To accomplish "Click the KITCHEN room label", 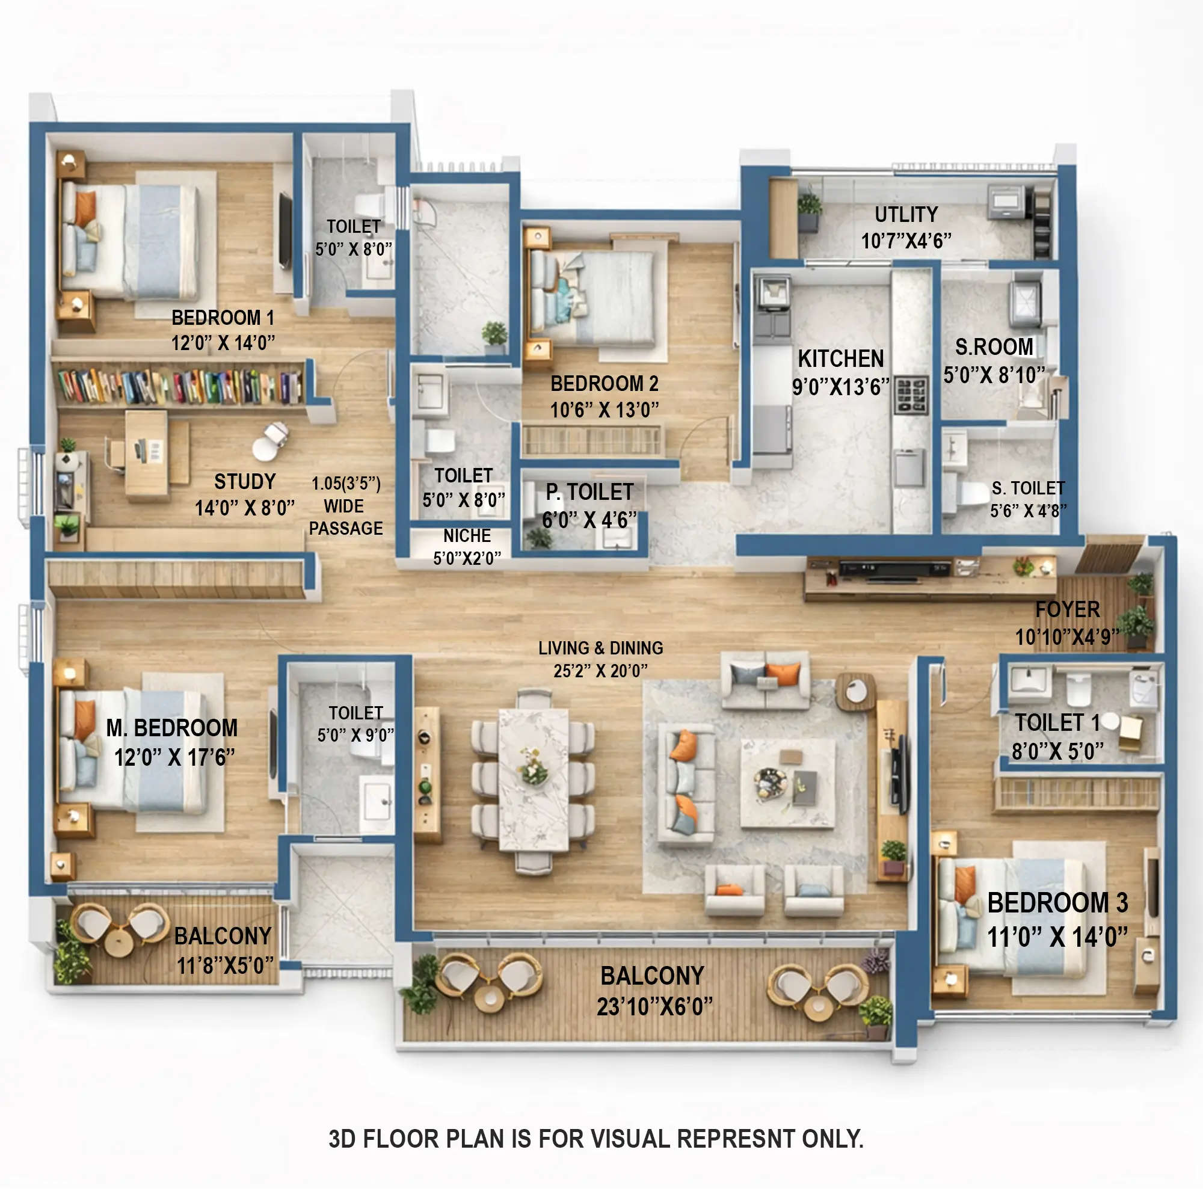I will pyautogui.click(x=841, y=358).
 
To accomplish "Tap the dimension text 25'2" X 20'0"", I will pyautogui.click(x=600, y=671).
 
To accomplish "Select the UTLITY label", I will pyautogui.click(x=906, y=214).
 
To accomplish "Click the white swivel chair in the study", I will pyautogui.click(x=269, y=441).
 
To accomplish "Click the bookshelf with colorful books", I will pyautogui.click(x=180, y=386).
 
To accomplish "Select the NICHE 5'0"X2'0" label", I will pyautogui.click(x=467, y=547).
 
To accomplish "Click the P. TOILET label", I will pyautogui.click(x=589, y=492).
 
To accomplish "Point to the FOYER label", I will pyautogui.click(x=1067, y=609).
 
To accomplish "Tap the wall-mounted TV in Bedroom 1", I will pyautogui.click(x=285, y=231).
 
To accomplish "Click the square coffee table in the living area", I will pyautogui.click(x=788, y=783).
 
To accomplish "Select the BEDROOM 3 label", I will pyautogui.click(x=1057, y=902).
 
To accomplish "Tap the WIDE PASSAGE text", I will pyautogui.click(x=346, y=517).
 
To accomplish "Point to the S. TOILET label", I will pyautogui.click(x=1028, y=488).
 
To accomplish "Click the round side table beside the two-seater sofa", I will pyautogui.click(x=855, y=691).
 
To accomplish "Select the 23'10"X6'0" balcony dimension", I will pyautogui.click(x=654, y=1006).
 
